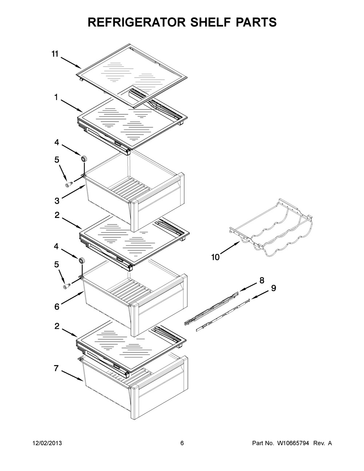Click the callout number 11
[x=55, y=54]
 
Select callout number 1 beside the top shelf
[x=56, y=97]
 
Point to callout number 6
[x=57, y=307]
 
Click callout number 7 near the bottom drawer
[x=56, y=368]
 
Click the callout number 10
[x=215, y=257]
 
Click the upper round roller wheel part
[x=84, y=158]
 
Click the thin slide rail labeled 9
[x=223, y=314]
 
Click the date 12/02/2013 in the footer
[x=47, y=443]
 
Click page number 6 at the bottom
[x=182, y=443]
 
